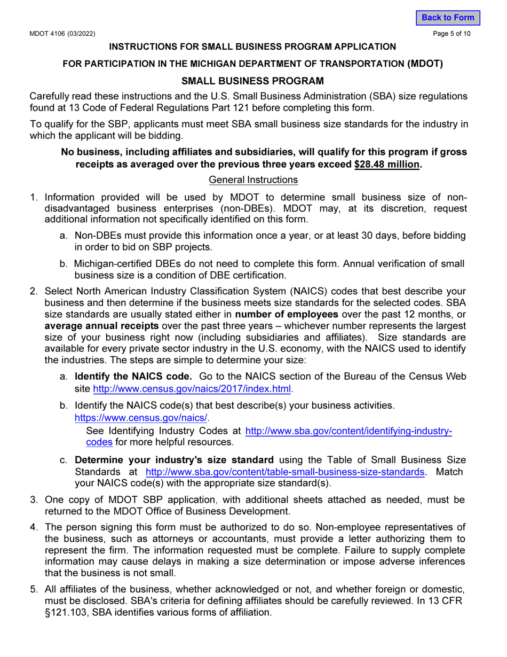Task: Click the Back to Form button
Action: click(448, 18)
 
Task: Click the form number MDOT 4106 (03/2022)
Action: click(62, 34)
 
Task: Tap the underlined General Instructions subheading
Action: click(253, 179)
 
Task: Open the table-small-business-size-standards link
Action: click(286, 472)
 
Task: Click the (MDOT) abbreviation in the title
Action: click(425, 64)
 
